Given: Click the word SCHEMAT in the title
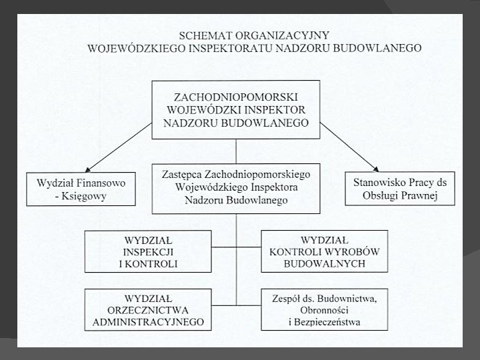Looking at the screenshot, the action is [x=205, y=35].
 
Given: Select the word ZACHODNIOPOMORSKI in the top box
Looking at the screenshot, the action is [x=236, y=97].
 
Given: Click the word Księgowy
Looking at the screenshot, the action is [x=84, y=196].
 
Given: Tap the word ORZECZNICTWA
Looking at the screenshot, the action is [x=148, y=311].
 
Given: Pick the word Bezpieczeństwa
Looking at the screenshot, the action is [x=327, y=322].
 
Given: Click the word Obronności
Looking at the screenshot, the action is [x=324, y=311].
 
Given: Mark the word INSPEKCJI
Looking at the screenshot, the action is [x=148, y=252].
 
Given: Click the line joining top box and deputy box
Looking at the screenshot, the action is [x=236, y=151].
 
